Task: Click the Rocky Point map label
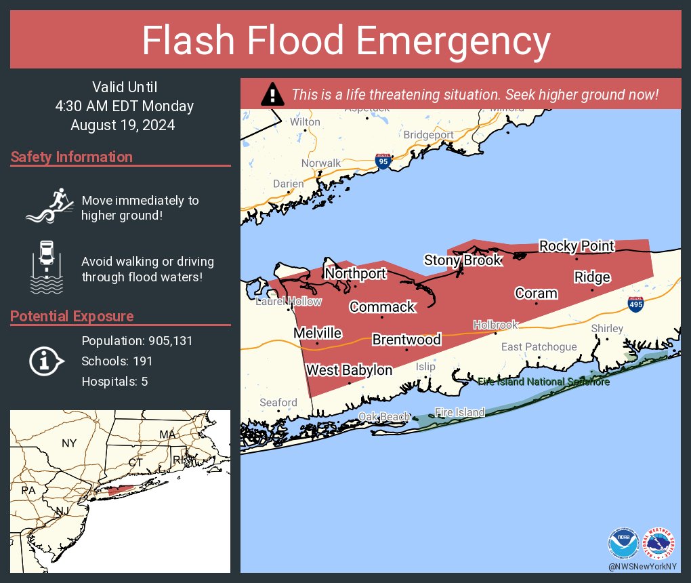pyautogui.click(x=577, y=246)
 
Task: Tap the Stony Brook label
pyautogui.click(x=463, y=260)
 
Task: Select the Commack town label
pyautogui.click(x=382, y=307)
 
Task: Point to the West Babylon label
pyautogui.click(x=349, y=370)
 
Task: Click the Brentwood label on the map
pyautogui.click(x=406, y=340)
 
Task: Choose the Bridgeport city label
pyautogui.click(x=428, y=135)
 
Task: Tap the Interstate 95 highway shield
pyautogui.click(x=383, y=161)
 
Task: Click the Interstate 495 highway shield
pyautogui.click(x=635, y=304)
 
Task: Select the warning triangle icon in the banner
pyautogui.click(x=272, y=94)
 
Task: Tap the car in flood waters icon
pyautogui.click(x=47, y=266)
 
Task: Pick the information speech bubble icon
pyautogui.click(x=45, y=361)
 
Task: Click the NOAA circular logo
pyautogui.click(x=623, y=542)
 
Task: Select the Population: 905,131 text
pyautogui.click(x=137, y=341)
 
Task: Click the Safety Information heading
pyautogui.click(x=72, y=157)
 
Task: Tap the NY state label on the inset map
pyautogui.click(x=69, y=443)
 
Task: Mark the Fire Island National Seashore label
pyautogui.click(x=544, y=382)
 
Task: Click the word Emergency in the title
pyautogui.click(x=453, y=42)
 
